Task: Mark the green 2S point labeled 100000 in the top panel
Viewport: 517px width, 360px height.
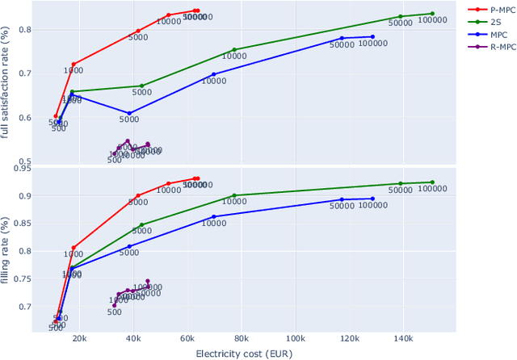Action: [432, 14]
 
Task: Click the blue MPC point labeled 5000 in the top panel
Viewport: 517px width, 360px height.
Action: [129, 113]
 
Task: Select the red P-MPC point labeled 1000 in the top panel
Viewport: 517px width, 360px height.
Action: [74, 64]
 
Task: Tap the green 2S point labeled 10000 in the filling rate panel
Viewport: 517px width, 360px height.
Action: [234, 195]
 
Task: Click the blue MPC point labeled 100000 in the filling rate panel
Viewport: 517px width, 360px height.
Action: [372, 199]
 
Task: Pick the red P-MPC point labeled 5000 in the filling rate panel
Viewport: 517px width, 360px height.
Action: [138, 195]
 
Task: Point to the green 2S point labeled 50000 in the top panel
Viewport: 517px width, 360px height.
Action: [400, 16]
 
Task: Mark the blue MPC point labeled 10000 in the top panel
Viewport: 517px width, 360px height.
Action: [214, 74]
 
